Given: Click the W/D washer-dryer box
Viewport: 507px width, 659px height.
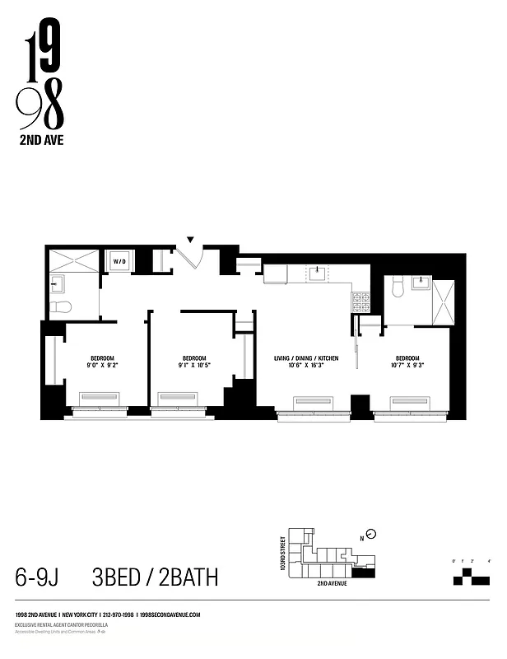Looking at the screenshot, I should (x=120, y=262).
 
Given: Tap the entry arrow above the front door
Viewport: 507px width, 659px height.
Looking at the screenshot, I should (x=191, y=241).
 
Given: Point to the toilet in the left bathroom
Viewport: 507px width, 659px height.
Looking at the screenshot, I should (x=60, y=307).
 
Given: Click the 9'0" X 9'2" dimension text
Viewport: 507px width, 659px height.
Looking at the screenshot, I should (x=101, y=364).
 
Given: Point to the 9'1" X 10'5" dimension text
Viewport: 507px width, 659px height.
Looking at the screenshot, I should (x=193, y=364).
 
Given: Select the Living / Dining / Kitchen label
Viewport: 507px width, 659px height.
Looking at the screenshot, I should (x=306, y=358).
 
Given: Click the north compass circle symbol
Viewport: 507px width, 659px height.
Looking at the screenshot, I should (x=371, y=533).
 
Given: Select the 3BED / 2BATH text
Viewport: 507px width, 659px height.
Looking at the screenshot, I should (x=156, y=577).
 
